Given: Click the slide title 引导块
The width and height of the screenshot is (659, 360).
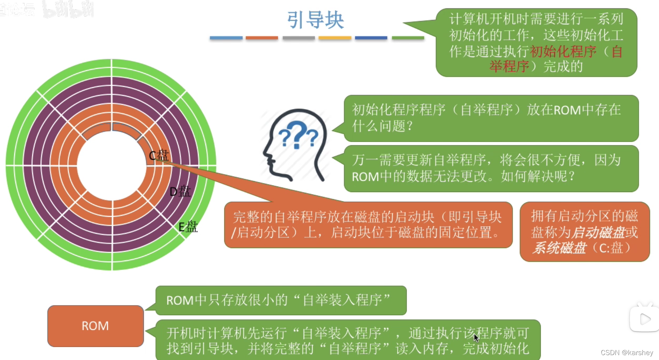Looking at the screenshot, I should (315, 20).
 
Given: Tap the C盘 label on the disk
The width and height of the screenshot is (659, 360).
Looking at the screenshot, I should (158, 155).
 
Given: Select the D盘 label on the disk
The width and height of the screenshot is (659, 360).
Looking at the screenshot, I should (180, 192).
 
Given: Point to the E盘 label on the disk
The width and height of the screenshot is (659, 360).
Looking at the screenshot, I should (188, 227).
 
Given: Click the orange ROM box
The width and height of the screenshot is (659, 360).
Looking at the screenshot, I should (95, 326).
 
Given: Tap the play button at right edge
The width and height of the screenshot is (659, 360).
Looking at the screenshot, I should (645, 319).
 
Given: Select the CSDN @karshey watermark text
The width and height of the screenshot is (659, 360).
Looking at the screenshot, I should (627, 352).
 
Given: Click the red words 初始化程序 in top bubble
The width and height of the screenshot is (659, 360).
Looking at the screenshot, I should (563, 51).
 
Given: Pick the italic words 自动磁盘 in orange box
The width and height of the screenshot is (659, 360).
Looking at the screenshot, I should (597, 233).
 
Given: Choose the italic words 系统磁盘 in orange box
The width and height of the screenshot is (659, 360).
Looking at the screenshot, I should (559, 248).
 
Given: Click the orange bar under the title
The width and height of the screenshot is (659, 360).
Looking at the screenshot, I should (262, 38).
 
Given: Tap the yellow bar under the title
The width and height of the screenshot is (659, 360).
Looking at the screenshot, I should (335, 38).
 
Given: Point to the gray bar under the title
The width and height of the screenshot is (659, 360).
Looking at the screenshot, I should (299, 38).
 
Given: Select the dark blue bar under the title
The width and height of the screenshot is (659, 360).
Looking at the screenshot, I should (371, 38).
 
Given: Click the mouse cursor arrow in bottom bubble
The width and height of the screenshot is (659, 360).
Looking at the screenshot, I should (476, 337).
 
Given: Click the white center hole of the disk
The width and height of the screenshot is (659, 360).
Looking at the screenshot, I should (112, 165).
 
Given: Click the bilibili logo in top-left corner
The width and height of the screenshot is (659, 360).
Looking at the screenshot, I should (68, 9).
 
